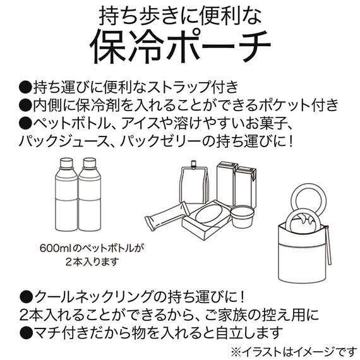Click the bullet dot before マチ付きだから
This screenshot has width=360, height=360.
pyautogui.click(x=26, y=332)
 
